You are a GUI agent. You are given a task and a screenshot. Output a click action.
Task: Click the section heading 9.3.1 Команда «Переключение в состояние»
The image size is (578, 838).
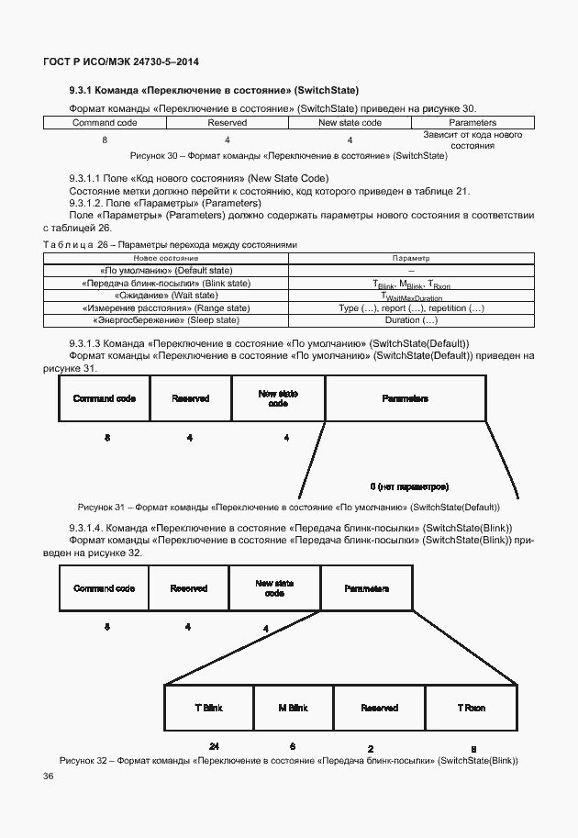[x=213, y=90]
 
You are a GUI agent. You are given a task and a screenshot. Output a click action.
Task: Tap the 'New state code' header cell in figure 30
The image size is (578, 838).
[x=350, y=122]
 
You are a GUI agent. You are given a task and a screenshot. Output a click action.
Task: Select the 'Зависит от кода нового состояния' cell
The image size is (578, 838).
[x=472, y=140]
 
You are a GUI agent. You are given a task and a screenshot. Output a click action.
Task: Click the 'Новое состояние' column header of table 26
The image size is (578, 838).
[x=165, y=260]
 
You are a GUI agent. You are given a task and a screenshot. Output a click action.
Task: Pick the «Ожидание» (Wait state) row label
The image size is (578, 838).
[x=165, y=296]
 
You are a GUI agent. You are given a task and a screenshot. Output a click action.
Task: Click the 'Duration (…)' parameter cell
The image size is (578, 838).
[x=411, y=320]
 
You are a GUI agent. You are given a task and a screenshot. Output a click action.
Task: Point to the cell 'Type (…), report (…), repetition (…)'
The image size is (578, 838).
[x=411, y=308]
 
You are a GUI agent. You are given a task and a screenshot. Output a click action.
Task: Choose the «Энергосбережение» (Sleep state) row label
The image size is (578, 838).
[x=165, y=320]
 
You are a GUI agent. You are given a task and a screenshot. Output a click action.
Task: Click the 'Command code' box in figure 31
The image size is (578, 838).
[x=105, y=399]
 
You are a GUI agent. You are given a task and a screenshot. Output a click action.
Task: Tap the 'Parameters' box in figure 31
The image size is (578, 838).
[x=405, y=399]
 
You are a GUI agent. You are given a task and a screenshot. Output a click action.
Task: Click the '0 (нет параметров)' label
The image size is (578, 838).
[x=409, y=486]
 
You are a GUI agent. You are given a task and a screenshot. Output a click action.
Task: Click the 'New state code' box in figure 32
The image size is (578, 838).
[x=274, y=588]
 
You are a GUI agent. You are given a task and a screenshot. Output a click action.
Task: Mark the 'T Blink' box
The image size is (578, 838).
[x=208, y=709]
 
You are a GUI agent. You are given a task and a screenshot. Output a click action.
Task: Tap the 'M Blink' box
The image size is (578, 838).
[x=293, y=709]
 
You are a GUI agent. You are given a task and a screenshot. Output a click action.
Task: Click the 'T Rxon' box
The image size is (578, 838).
[x=472, y=709]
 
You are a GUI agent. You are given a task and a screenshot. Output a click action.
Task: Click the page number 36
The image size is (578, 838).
[x=48, y=777]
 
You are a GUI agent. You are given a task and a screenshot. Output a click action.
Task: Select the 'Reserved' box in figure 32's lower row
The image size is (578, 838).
[x=379, y=709]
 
